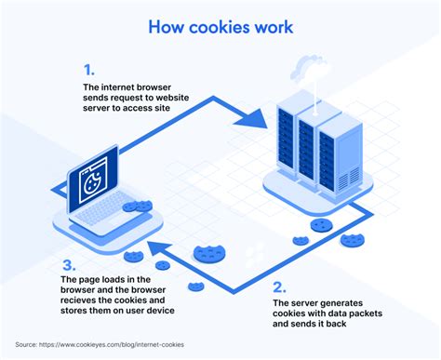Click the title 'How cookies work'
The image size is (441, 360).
pyautogui.click(x=220, y=26)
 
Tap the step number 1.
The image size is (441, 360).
pyautogui.click(x=89, y=70)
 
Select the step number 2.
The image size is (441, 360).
pyautogui.click(x=280, y=286)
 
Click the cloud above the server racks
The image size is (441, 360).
pyautogui.click(x=308, y=70)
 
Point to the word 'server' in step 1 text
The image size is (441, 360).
pyautogui.click(x=100, y=109)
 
